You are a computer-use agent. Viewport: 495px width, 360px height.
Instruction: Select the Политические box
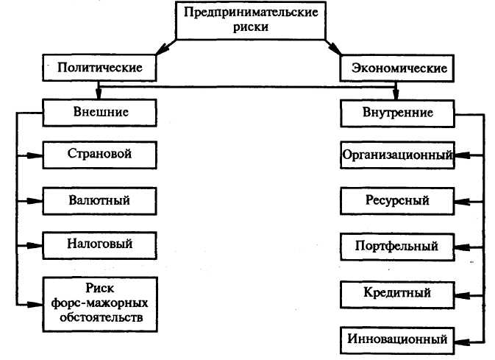[100, 68]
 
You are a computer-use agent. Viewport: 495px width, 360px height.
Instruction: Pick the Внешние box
[102, 113]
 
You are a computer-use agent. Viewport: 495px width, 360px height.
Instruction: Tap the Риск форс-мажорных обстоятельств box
[102, 301]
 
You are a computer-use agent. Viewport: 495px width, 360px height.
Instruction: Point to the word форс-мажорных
[101, 302]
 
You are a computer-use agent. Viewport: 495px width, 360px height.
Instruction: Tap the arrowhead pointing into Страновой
[37, 155]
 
